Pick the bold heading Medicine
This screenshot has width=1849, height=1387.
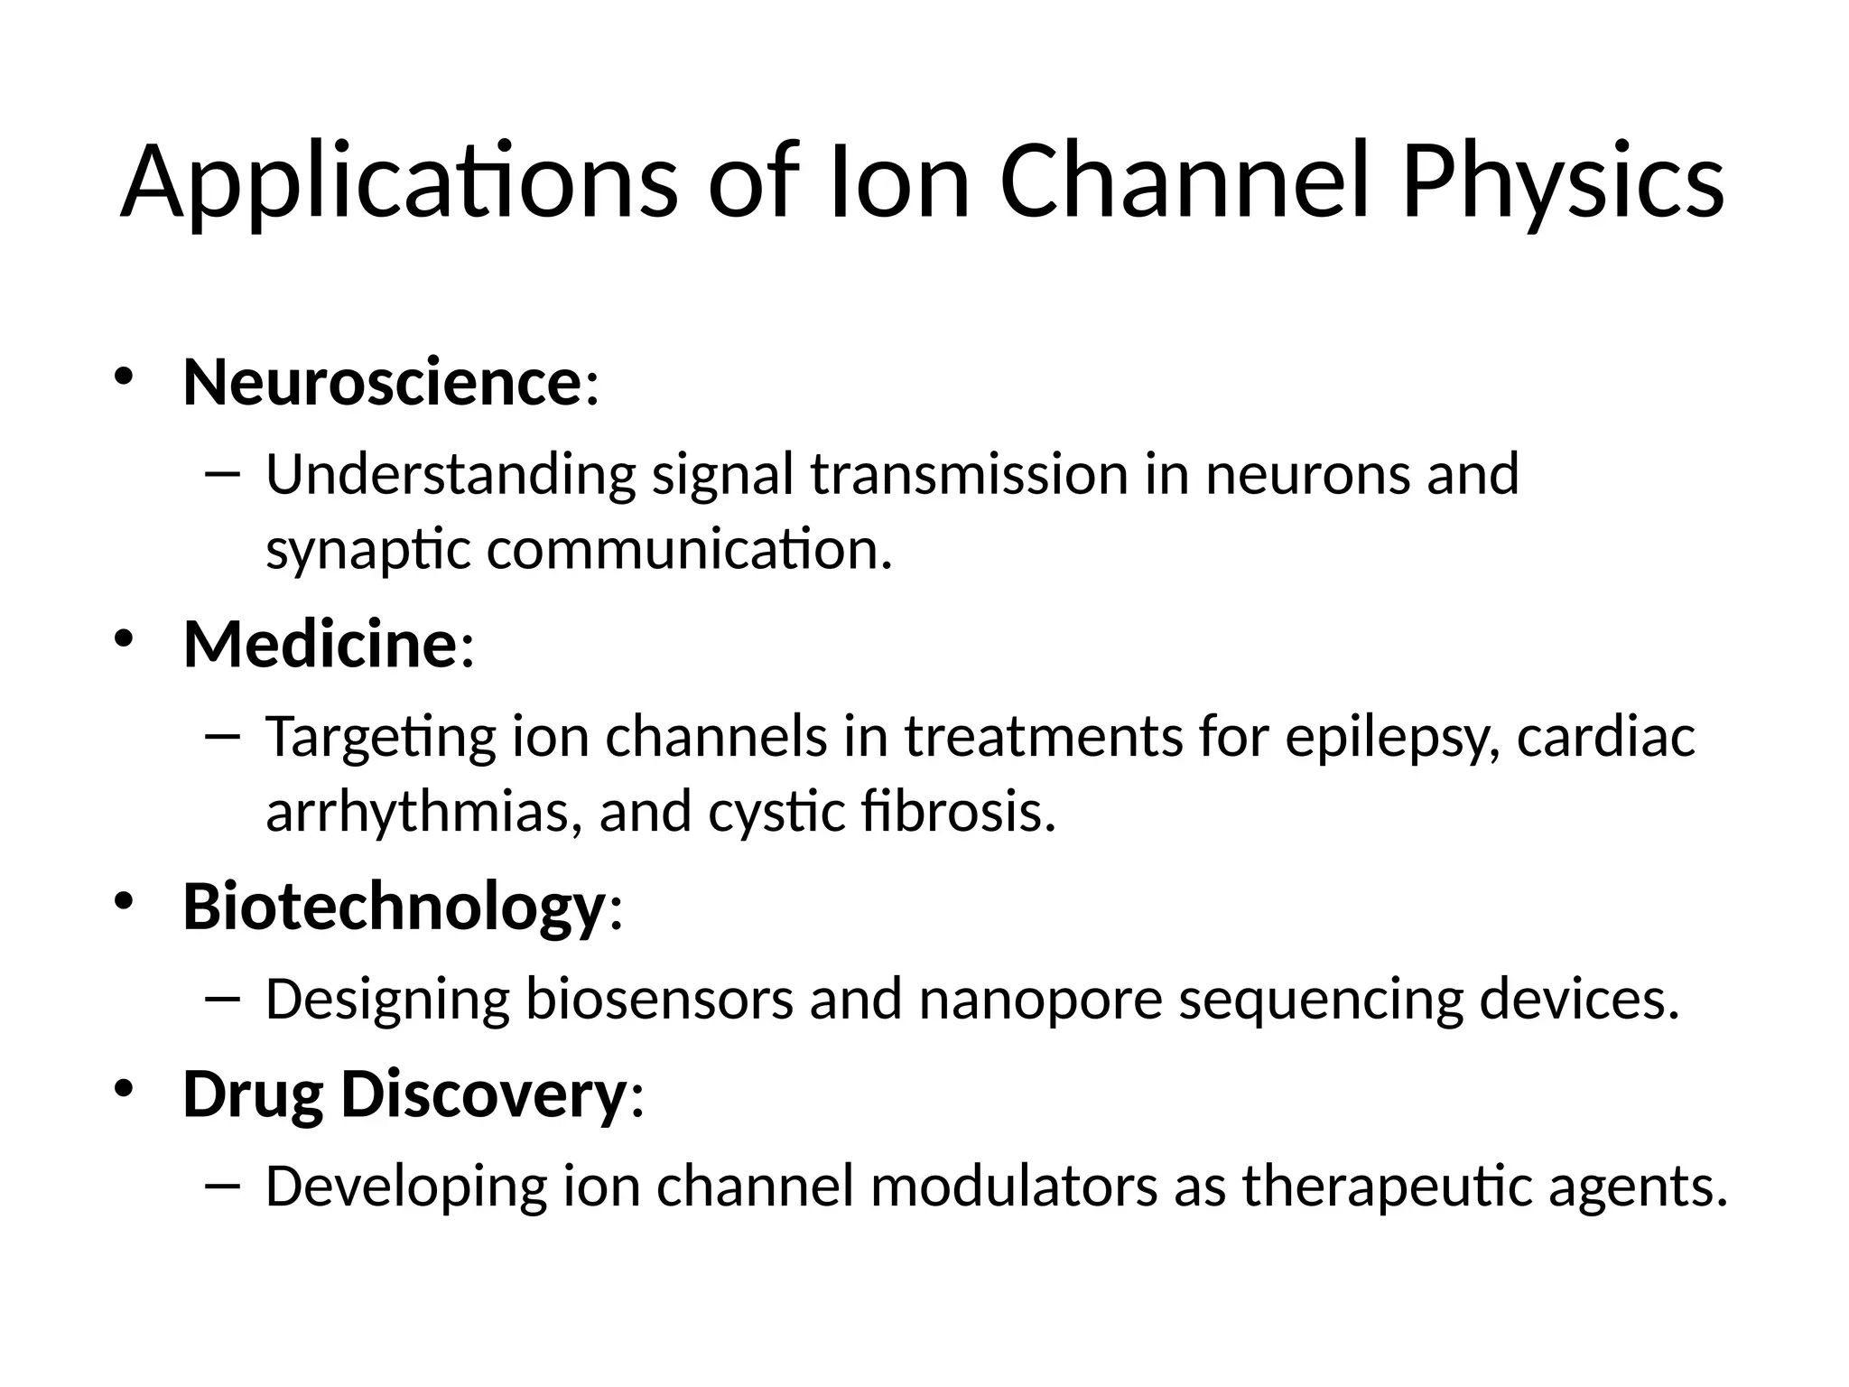coord(320,645)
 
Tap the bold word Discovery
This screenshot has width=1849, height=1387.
coord(483,1094)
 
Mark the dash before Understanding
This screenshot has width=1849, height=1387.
coord(222,473)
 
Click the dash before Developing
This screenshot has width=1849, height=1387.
coord(222,1184)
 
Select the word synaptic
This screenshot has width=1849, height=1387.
coord(368,551)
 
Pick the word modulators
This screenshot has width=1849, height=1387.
coord(1014,1187)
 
